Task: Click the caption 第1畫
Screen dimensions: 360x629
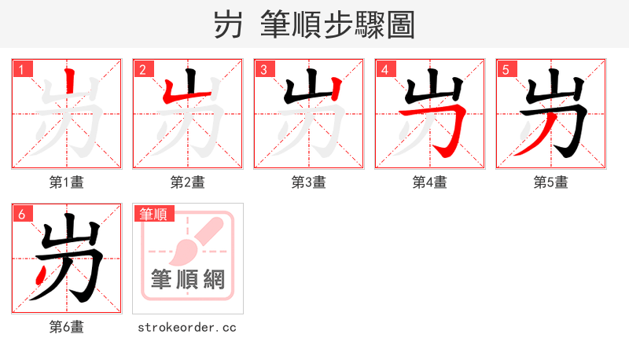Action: pyautogui.click(x=67, y=182)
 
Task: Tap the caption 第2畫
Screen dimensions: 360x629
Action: pyautogui.click(x=188, y=182)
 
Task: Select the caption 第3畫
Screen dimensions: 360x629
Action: pyautogui.click(x=309, y=182)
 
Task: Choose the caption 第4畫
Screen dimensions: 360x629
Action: pyautogui.click(x=430, y=182)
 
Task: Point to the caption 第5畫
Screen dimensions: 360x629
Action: pyautogui.click(x=551, y=182)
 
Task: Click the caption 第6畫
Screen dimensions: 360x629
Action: pyautogui.click(x=67, y=327)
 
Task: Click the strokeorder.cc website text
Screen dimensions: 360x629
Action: pyautogui.click(x=187, y=327)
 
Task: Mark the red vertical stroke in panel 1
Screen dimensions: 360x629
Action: pyautogui.click(x=71, y=82)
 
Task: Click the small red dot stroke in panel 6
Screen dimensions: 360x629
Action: pyautogui.click(x=40, y=274)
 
